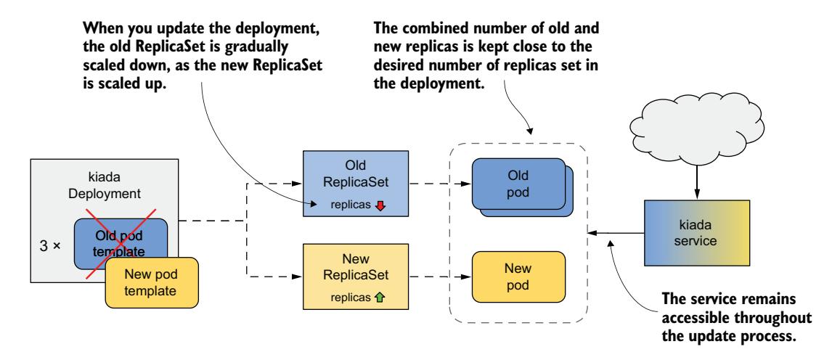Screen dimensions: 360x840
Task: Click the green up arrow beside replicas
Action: tap(380, 298)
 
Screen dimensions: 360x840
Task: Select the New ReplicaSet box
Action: tap(354, 276)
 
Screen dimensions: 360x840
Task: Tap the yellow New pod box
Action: tap(518, 276)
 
